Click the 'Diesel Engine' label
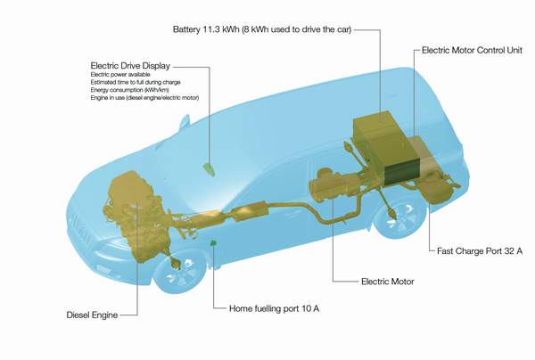(92, 315)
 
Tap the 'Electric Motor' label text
(388, 282)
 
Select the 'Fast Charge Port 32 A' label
(480, 251)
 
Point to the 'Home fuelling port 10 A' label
(275, 309)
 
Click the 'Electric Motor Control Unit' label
(473, 51)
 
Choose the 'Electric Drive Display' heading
(130, 66)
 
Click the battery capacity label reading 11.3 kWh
(262, 29)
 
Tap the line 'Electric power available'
(120, 74)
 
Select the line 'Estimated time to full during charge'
(136, 82)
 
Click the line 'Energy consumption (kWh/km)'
(130, 90)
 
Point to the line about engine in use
(144, 98)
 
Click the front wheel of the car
(180, 271)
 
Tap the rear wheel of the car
(399, 216)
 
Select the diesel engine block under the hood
(136, 216)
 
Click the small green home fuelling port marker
(214, 243)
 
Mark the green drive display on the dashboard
(209, 168)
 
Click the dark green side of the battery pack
(403, 172)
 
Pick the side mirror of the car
(185, 122)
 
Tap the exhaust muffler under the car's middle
(250, 211)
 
